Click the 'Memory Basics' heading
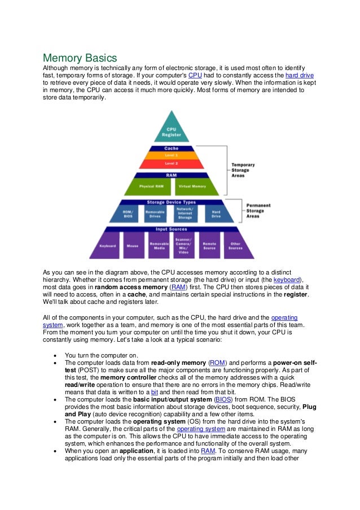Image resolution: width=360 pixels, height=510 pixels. pyautogui.click(x=80, y=58)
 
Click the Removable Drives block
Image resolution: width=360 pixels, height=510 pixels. pyautogui.click(x=155, y=213)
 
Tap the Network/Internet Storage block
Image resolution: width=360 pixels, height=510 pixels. pyautogui.click(x=185, y=213)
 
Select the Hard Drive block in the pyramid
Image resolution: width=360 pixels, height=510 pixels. pyautogui.click(x=216, y=213)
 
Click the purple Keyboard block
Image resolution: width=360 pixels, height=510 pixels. pyautogui.click(x=107, y=246)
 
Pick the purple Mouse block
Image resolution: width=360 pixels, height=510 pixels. pyautogui.click(x=133, y=246)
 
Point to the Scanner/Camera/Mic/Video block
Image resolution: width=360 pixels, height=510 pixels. pyautogui.click(x=184, y=245)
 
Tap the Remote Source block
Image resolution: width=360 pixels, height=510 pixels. pyautogui.click(x=209, y=246)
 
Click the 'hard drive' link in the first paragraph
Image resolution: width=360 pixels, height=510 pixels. pyautogui.click(x=300, y=75)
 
